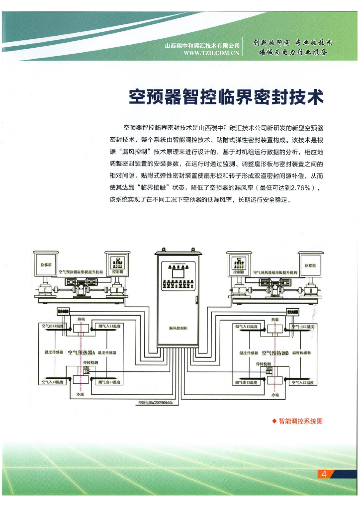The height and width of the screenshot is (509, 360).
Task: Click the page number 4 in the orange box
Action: pos(324,474)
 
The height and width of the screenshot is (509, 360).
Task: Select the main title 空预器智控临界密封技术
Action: pos(226,96)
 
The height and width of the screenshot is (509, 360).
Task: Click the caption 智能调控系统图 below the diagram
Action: pos(301,421)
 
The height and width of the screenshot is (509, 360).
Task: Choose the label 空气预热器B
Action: pos(275,352)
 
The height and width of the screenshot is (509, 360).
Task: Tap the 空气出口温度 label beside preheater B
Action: pos(304,326)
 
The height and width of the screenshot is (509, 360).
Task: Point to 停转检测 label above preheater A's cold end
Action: pos(89,363)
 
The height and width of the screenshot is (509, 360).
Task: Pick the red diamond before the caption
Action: pos(274,421)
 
